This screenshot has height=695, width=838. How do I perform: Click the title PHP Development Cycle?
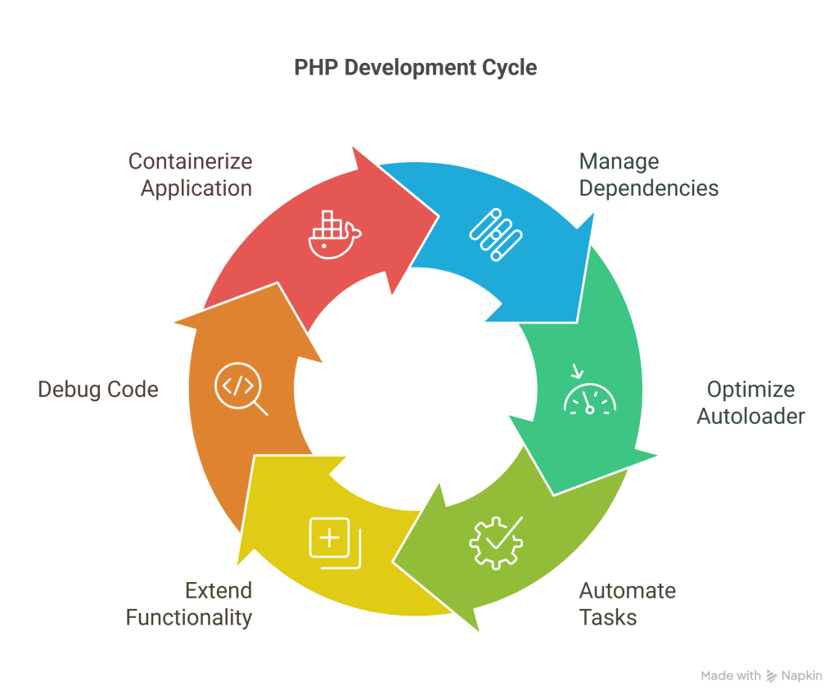[x=415, y=67]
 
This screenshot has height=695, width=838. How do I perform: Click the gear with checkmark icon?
[x=495, y=539]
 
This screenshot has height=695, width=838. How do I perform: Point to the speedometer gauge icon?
[x=589, y=396]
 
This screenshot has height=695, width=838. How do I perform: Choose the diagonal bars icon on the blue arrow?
[x=495, y=234]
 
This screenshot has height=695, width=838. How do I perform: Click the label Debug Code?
[x=98, y=390]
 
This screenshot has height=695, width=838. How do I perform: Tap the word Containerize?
[x=190, y=161]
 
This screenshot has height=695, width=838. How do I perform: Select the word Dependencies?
[x=649, y=188]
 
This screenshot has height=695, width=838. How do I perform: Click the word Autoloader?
[x=750, y=416]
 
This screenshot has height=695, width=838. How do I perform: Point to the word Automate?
[x=627, y=590]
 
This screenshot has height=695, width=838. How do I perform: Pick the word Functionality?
[x=189, y=616]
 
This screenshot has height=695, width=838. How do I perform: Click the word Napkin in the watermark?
[x=802, y=676]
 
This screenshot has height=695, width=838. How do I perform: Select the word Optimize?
[x=750, y=389]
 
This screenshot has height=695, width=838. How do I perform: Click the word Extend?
[x=218, y=590]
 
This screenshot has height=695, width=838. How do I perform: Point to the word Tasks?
[x=608, y=616]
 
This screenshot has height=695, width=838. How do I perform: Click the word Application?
[x=196, y=188]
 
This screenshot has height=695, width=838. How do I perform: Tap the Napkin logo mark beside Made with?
[x=772, y=676]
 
